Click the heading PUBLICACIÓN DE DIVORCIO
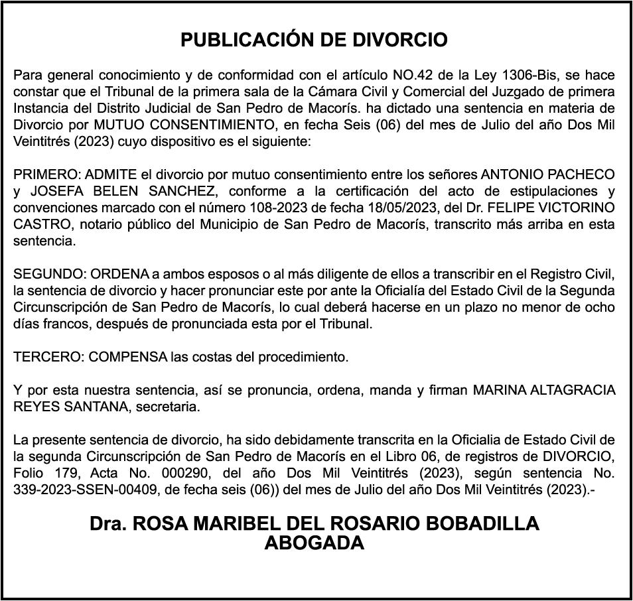click(314, 40)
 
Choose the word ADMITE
click(111, 174)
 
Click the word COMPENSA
click(128, 357)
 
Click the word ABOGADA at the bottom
click(315, 543)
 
